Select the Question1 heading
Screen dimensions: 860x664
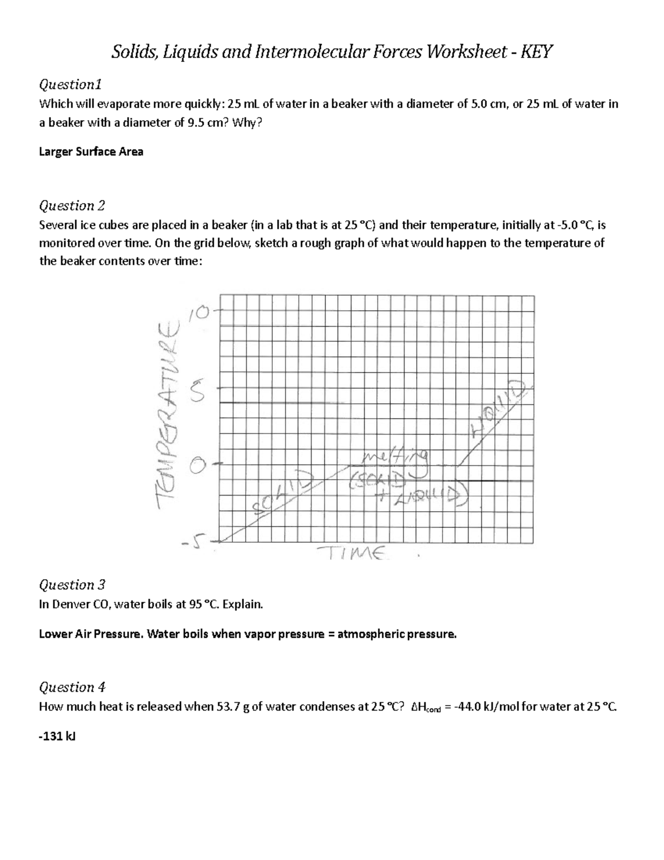pos(70,85)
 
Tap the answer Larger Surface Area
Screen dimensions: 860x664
pos(91,152)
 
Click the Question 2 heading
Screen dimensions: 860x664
pos(71,205)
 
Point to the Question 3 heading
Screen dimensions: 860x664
pos(71,585)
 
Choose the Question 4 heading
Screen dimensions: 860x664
pos(71,687)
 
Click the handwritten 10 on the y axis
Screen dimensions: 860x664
pos(200,313)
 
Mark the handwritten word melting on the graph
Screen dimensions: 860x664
pos(395,458)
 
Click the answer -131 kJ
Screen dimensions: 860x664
pos(53,737)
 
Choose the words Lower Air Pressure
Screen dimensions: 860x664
pos(90,634)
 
